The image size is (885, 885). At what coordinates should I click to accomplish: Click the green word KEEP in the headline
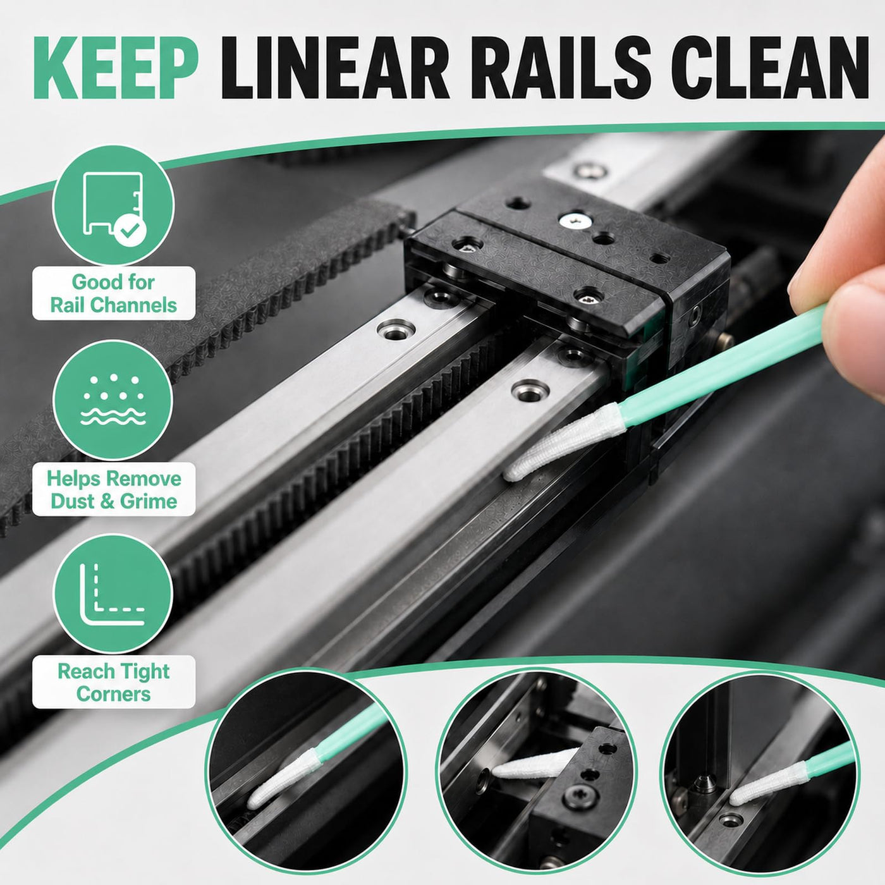[116, 68]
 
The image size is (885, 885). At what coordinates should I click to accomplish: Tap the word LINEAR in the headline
[335, 68]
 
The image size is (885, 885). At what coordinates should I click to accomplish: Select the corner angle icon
[113, 594]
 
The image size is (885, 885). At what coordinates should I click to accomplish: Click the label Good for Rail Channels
[113, 293]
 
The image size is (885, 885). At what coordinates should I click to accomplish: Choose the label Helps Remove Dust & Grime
[113, 489]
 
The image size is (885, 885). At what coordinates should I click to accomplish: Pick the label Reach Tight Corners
[113, 683]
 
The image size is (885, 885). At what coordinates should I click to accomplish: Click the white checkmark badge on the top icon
[130, 231]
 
